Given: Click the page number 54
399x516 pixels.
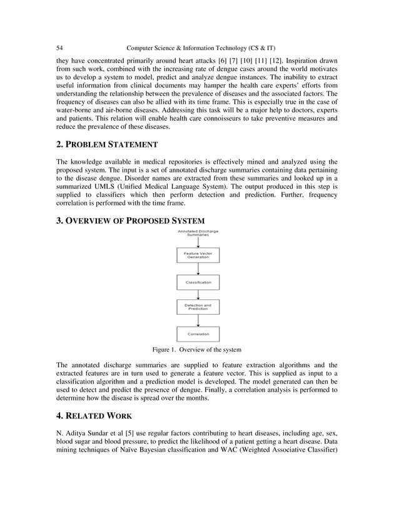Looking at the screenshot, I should click(60, 48).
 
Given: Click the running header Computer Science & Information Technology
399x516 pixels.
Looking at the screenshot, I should click(201, 48).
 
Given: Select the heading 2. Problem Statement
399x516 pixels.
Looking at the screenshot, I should click(107, 145).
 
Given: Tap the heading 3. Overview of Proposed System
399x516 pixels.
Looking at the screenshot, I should click(130, 220).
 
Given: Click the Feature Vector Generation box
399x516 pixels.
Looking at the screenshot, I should click(198, 255).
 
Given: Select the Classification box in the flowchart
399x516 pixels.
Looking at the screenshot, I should click(198, 282).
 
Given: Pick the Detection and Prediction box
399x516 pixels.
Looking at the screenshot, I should click(198, 307).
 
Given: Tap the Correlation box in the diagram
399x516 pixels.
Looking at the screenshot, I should click(198, 334).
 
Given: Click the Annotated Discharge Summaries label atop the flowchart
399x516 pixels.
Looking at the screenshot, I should click(198, 233).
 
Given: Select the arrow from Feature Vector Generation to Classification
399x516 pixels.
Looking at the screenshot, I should click(198, 269).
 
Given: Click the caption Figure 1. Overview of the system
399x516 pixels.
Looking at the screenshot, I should click(197, 349).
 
